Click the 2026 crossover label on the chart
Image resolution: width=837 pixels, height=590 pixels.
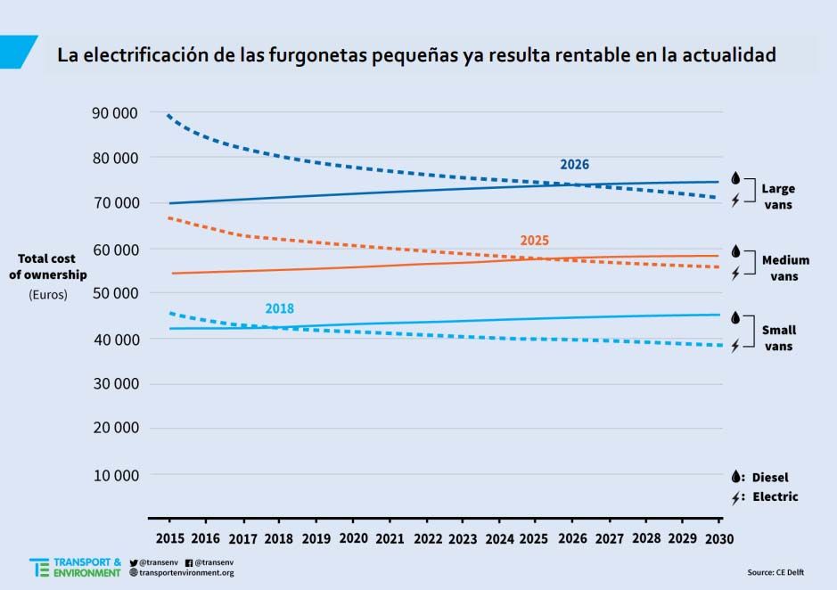(x=574, y=165)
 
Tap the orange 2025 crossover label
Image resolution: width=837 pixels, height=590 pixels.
(x=534, y=241)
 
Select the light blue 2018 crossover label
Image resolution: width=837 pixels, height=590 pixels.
(x=279, y=309)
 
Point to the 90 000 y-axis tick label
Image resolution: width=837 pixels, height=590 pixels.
(x=114, y=112)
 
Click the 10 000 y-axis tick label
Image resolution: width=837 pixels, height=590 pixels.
(x=114, y=475)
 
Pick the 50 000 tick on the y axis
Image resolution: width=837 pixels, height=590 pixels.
(x=114, y=293)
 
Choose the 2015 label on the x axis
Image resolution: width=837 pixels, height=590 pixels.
(x=169, y=539)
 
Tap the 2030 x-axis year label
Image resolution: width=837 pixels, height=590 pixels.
(x=720, y=539)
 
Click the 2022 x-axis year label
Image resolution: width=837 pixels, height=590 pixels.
(x=428, y=539)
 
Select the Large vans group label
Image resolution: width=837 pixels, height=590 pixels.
(x=777, y=197)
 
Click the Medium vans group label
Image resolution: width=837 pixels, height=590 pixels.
(x=785, y=268)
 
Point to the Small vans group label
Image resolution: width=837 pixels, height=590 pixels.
(x=778, y=338)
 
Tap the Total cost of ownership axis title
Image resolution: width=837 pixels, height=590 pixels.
(x=53, y=266)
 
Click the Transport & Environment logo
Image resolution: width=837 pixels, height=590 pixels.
(x=75, y=568)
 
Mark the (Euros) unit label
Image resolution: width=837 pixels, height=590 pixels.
(x=48, y=294)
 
